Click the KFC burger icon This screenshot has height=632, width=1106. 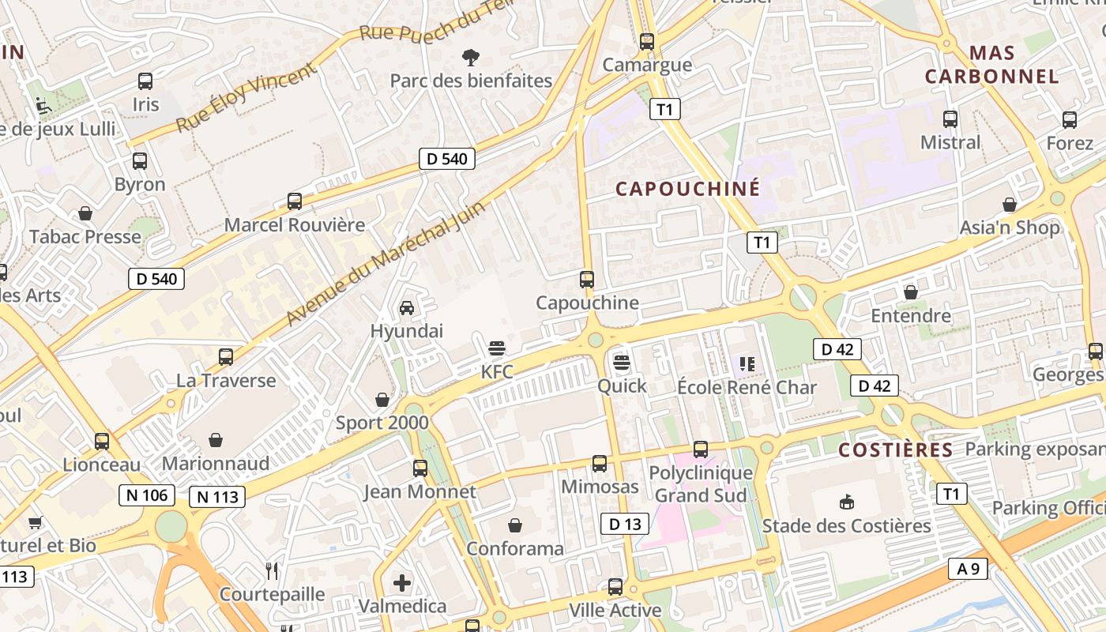coord(497,348)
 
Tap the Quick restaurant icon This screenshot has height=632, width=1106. coord(622,363)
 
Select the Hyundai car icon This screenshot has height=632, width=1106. coord(407,308)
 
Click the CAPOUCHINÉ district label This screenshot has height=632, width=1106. coord(687,189)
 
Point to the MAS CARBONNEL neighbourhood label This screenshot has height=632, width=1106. coord(992,65)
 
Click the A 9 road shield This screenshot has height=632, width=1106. coord(968,568)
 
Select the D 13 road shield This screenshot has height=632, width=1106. coord(624,523)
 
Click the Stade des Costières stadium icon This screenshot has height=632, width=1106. coord(846,502)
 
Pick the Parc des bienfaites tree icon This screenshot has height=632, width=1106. coord(471,57)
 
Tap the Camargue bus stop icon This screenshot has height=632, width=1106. coord(647,41)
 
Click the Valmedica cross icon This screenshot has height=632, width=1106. coord(402,583)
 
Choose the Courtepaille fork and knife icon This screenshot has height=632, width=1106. coord(272,570)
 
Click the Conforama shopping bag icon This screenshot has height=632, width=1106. coord(515,525)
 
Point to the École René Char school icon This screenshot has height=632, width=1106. coord(747,364)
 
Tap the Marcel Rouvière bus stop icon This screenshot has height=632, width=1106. coord(295,201)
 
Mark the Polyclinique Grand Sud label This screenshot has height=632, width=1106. coord(701,484)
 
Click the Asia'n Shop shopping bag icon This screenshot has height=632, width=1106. coord(1010,205)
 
